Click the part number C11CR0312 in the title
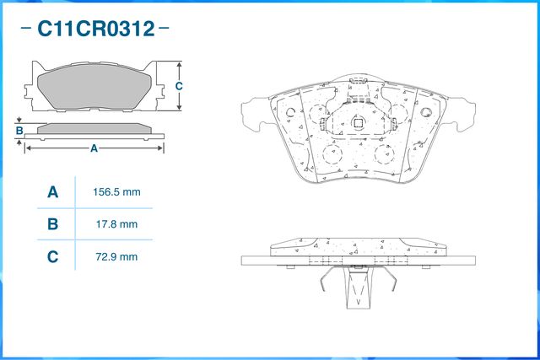click(94, 30)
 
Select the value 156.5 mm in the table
click(116, 192)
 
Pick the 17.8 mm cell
click(116, 224)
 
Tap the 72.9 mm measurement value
click(116, 256)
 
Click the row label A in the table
click(52, 193)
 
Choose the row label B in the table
click(52, 224)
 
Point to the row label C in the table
click(52, 256)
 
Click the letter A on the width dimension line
click(94, 149)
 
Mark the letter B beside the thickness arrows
click(19, 131)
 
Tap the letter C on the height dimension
click(179, 86)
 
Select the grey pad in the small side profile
click(94, 128)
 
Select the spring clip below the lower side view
click(358, 286)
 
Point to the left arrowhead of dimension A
click(29, 149)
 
